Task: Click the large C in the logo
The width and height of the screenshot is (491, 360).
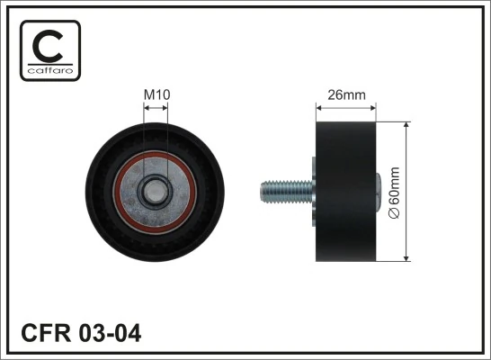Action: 49,45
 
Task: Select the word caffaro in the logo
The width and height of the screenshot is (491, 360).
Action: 49,69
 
